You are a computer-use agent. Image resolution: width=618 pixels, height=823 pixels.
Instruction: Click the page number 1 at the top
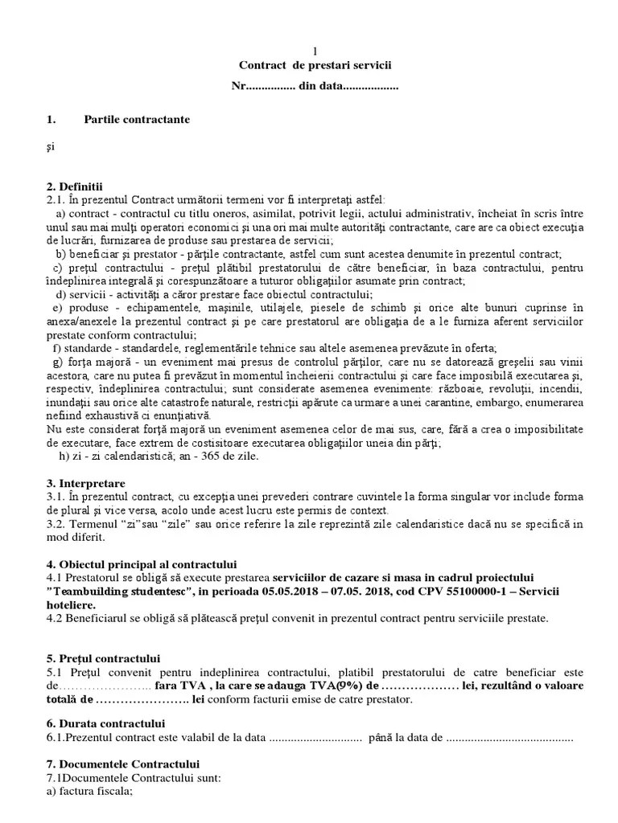315,51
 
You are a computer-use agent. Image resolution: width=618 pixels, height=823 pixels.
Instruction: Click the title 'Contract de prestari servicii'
315,66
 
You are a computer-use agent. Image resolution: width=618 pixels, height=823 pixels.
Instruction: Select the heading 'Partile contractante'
137,120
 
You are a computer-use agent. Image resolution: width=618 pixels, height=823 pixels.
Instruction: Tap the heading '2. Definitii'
75,186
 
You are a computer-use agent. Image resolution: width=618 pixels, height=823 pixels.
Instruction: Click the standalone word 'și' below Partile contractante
52,148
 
